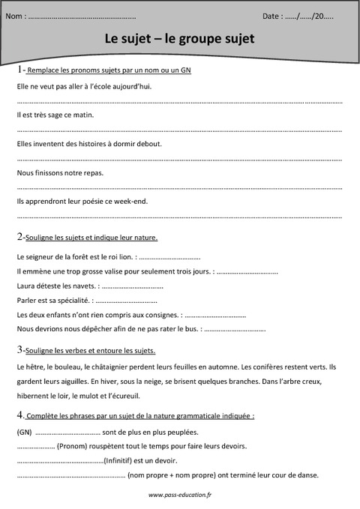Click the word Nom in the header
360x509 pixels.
tap(14, 15)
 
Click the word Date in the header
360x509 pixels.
tap(272, 15)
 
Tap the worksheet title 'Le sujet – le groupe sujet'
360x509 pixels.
tap(179, 37)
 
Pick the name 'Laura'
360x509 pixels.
tap(25, 286)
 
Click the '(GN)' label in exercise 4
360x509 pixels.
tap(24, 432)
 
